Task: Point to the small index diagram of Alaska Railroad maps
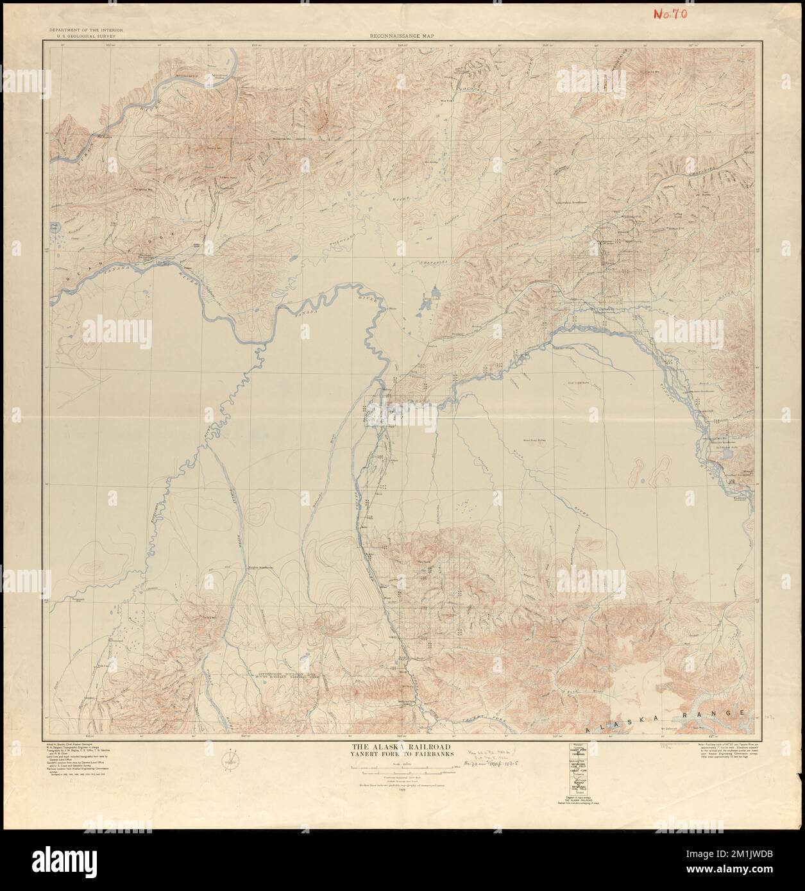580,770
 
